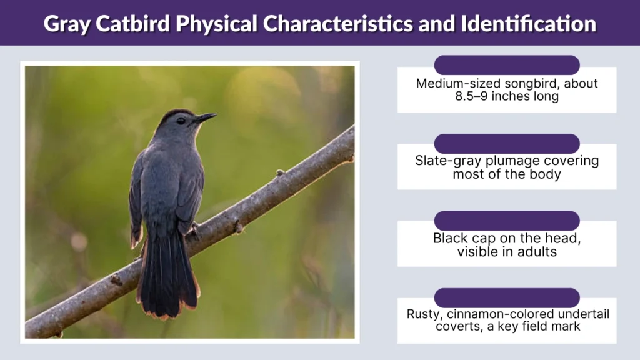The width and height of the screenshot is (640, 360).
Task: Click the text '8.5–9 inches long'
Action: pyautogui.click(x=506, y=97)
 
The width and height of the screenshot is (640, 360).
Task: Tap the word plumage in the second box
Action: pyautogui.click(x=502, y=161)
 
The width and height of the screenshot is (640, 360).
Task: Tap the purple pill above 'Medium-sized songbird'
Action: pyautogui.click(x=507, y=65)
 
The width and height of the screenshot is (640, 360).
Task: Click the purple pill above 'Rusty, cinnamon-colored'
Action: pyautogui.click(x=507, y=297)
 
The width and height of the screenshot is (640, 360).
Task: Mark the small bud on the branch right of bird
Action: pyautogui.click(x=280, y=172)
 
